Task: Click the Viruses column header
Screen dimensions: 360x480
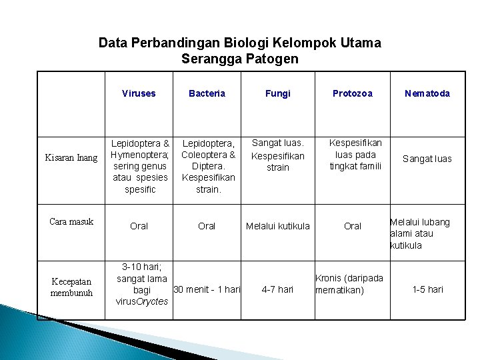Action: click(139, 93)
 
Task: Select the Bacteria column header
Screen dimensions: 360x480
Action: click(207, 93)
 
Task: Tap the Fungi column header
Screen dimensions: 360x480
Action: click(278, 93)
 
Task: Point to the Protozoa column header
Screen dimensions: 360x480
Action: click(353, 93)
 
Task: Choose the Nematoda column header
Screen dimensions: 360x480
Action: click(427, 93)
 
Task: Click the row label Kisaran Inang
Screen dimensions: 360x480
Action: click(71, 158)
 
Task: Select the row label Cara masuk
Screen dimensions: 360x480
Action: click(71, 221)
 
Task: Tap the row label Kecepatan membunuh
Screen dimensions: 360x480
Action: click(71, 287)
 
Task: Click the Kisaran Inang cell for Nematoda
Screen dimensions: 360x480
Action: click(427, 159)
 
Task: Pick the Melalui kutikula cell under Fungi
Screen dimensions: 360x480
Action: click(278, 226)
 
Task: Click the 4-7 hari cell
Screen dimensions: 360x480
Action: click(278, 289)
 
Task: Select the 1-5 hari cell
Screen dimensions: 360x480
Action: click(427, 289)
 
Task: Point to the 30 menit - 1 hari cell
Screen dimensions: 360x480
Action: click(206, 289)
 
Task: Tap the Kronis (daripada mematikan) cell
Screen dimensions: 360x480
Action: click(349, 284)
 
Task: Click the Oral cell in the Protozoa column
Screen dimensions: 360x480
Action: click(353, 226)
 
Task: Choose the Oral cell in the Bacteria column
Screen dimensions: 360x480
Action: click(207, 226)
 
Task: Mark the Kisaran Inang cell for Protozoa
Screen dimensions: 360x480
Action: click(356, 154)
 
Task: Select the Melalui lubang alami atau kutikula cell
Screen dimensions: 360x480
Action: click(420, 233)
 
